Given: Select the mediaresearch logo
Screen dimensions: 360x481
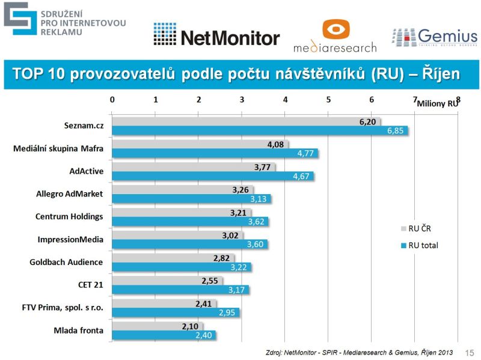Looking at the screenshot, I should pyautogui.click(x=335, y=36).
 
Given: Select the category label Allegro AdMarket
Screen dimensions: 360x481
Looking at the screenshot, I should pyautogui.click(x=70, y=194).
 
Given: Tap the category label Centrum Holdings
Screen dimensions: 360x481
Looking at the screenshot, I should pyautogui.click(x=70, y=216).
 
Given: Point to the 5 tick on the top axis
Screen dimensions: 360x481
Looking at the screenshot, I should pyautogui.click(x=328, y=100).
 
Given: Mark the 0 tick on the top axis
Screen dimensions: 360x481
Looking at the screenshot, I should pyautogui.click(x=112, y=100).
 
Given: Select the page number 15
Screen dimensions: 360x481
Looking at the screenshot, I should pyautogui.click(x=470, y=353).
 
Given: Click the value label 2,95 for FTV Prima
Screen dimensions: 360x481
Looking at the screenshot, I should pyautogui.click(x=228, y=313).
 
